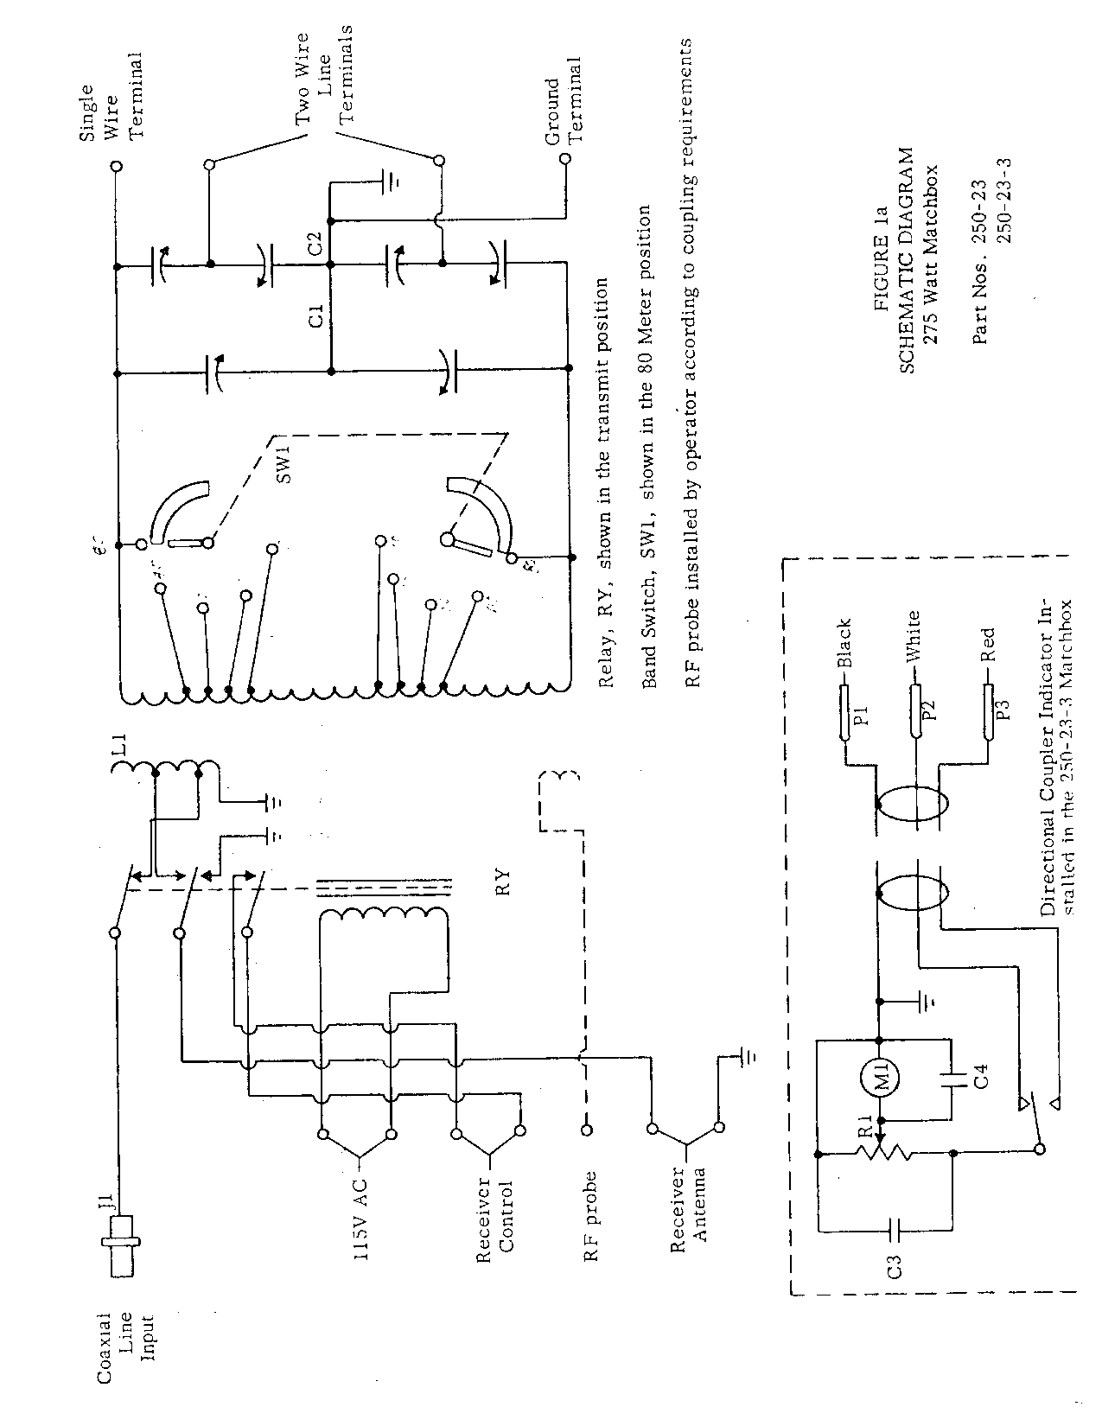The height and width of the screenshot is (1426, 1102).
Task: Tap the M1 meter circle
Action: pos(879,1080)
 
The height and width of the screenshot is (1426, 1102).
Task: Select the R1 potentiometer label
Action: pos(865,1128)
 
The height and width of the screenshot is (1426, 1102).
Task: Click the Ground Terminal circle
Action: pos(565,159)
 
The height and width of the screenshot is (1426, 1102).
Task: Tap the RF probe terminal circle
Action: pos(586,1130)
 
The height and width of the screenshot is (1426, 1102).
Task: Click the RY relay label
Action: pos(504,882)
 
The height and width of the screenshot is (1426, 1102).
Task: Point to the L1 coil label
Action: pos(120,745)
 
